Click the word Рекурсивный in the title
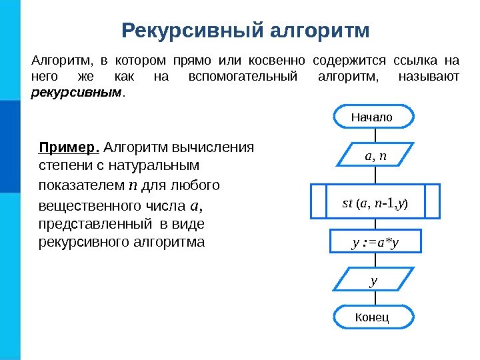(x=194, y=31)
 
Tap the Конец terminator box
(x=372, y=317)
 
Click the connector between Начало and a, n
(x=375, y=135)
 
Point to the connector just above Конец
(x=375, y=299)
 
